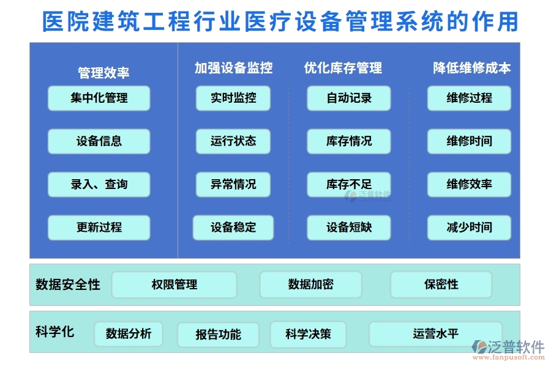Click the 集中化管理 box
click(99, 98)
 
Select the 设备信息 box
click(99, 141)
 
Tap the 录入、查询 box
click(99, 184)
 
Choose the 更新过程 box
click(99, 228)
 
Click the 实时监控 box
click(233, 98)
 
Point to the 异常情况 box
click(233, 184)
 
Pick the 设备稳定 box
click(233, 228)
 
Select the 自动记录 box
click(349, 98)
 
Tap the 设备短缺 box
click(349, 228)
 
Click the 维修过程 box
click(469, 98)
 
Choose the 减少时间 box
click(469, 228)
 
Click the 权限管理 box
click(174, 284)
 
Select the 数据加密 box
click(310, 284)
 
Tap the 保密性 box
click(441, 284)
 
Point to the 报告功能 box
click(218, 335)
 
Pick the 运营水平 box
click(435, 334)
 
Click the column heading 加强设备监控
click(233, 68)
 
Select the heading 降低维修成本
click(471, 68)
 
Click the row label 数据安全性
click(68, 284)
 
